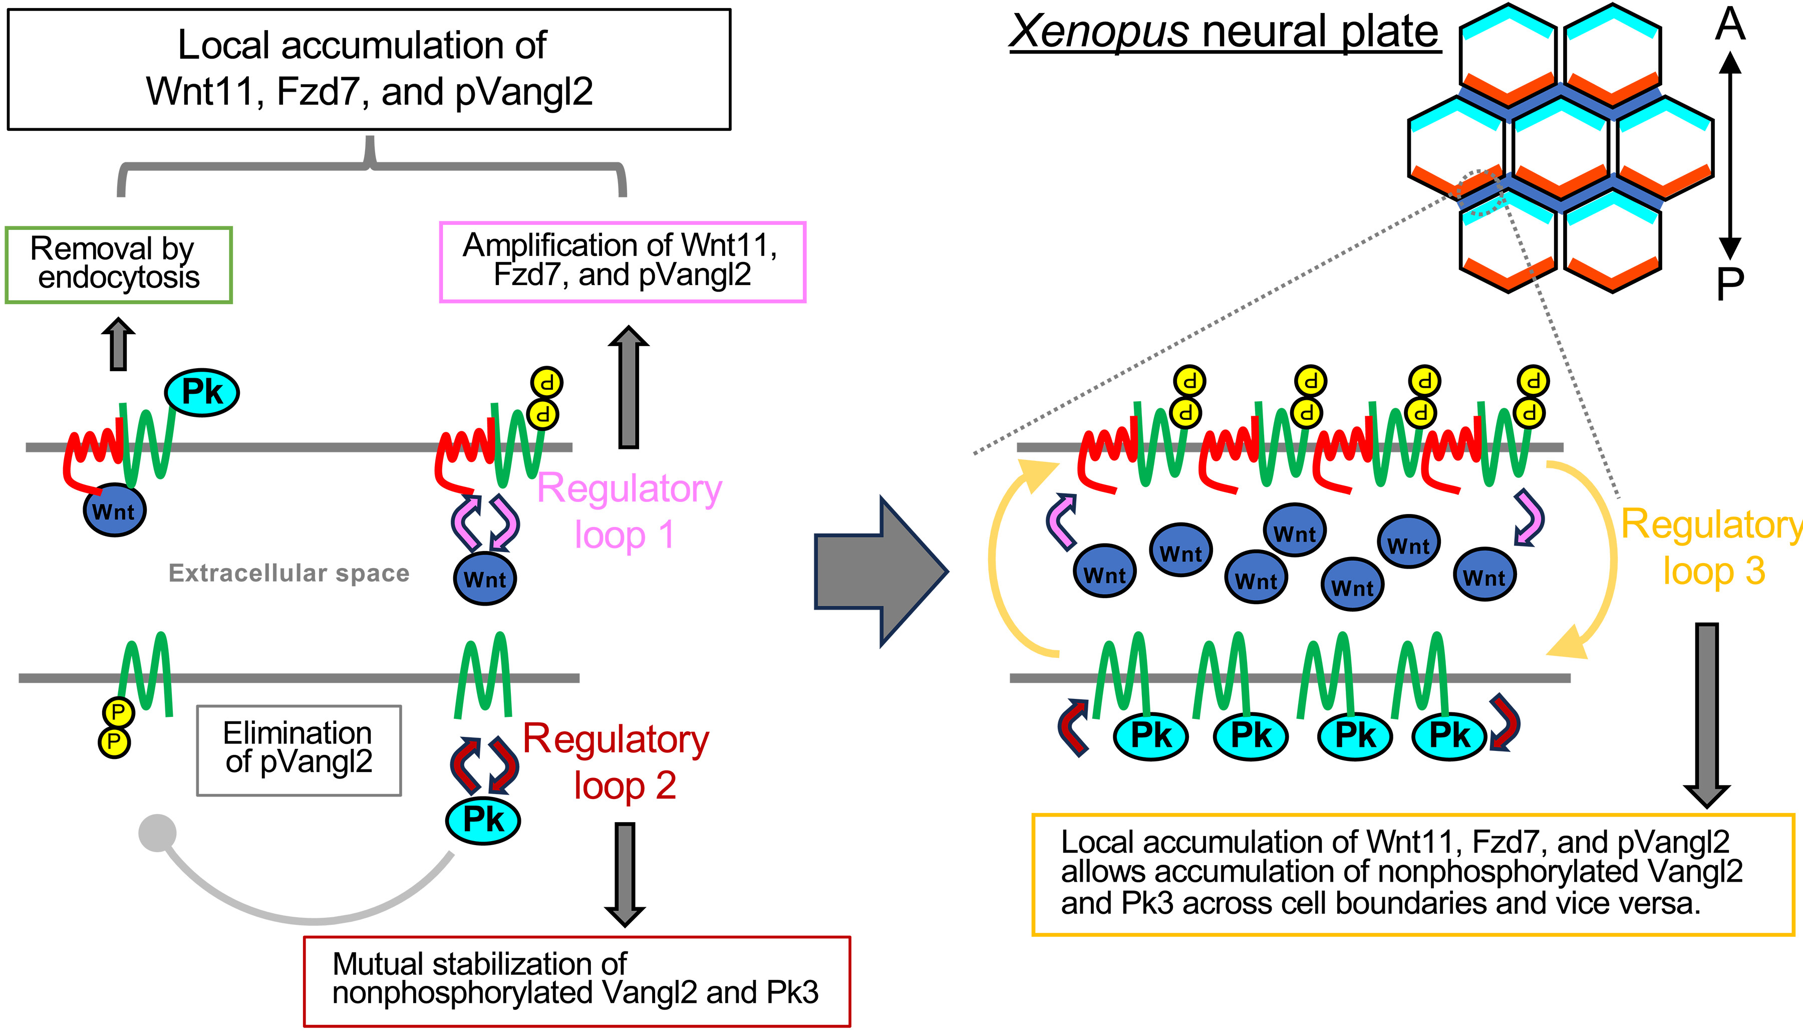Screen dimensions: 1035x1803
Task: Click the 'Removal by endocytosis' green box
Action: pos(119,265)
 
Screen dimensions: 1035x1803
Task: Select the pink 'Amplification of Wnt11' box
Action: pos(623,262)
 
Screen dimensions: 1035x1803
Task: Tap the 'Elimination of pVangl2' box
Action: pos(298,750)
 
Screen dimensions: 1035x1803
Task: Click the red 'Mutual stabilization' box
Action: pos(576,981)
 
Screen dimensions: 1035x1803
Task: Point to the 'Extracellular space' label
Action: pos(288,573)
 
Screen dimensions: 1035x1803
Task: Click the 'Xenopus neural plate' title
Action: pos(1224,32)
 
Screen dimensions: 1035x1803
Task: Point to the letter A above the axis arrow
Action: pos(1730,25)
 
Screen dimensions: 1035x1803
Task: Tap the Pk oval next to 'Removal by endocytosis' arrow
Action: pos(202,392)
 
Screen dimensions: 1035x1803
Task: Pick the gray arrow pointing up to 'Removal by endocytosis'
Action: pos(119,345)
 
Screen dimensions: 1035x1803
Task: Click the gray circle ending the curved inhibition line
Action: pos(157,833)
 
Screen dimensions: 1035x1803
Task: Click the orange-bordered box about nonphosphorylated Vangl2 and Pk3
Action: pos(1413,874)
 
